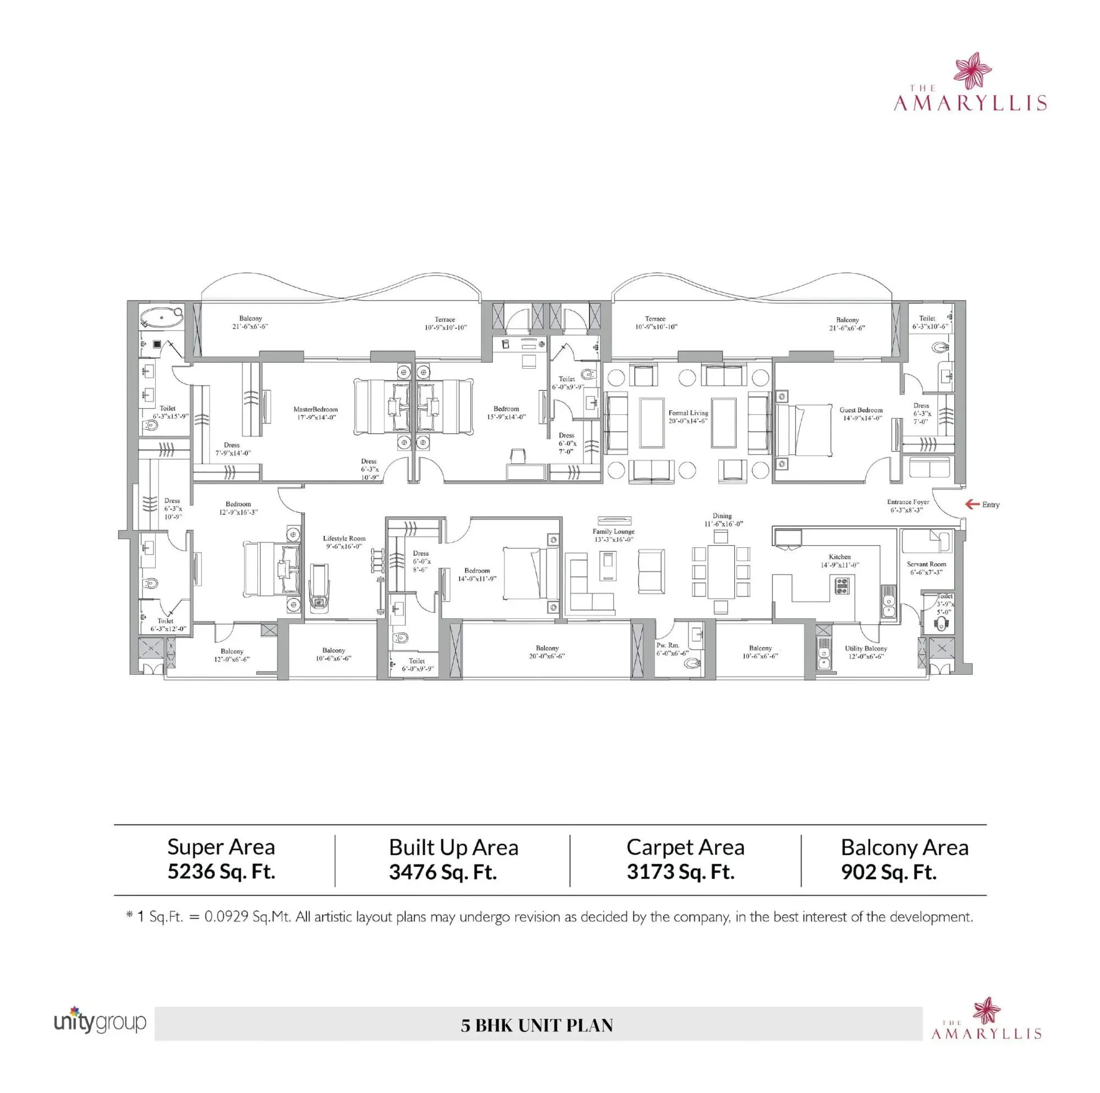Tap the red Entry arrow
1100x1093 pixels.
(971, 504)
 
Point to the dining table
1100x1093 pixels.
(721, 572)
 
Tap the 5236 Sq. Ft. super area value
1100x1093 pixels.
(221, 872)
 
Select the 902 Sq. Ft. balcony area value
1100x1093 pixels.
(888, 872)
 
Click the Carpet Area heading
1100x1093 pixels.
(685, 847)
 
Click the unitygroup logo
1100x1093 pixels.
(100, 1022)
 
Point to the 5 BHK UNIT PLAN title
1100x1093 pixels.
(536, 1025)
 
